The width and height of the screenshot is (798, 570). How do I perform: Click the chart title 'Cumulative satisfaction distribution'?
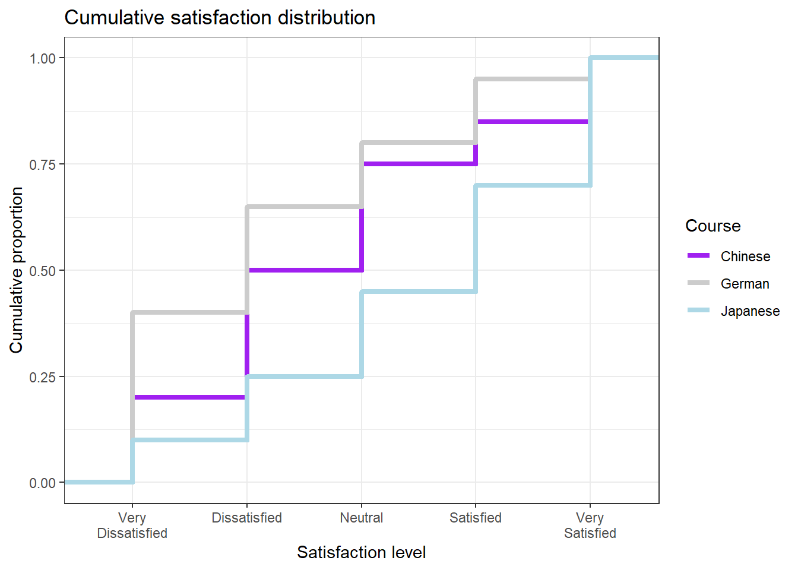tap(220, 18)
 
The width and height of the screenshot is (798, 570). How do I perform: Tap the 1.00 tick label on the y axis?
tap(42, 58)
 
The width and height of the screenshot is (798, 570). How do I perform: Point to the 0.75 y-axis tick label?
tap(42, 164)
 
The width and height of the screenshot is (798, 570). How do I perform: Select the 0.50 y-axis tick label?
tap(42, 271)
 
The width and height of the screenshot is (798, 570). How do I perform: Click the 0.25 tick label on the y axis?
tap(42, 377)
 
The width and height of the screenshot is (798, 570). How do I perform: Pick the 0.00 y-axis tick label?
tap(42, 483)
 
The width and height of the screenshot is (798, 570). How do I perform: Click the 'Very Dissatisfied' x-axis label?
tap(132, 525)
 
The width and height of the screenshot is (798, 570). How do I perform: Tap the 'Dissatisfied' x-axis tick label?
tap(246, 518)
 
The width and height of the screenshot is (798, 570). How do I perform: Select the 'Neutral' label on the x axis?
tap(361, 518)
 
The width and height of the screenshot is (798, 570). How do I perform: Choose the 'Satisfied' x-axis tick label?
tap(475, 518)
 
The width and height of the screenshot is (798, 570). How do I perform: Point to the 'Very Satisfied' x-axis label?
tap(590, 525)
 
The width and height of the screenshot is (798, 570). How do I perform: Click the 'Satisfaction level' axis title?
tap(361, 552)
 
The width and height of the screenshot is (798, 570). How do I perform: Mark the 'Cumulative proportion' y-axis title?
tap(17, 270)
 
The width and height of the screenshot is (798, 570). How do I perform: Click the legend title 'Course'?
tap(712, 226)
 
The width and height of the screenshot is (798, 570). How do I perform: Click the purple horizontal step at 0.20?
tap(189, 397)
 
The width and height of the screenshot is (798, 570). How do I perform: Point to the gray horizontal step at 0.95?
tap(532, 79)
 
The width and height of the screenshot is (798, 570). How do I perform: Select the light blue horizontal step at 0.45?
tap(418, 292)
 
